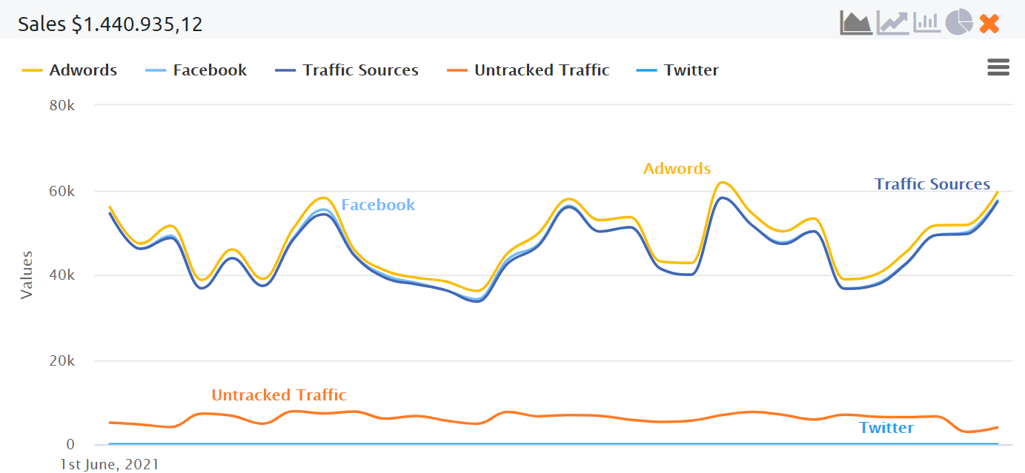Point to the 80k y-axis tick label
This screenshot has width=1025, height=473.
62,105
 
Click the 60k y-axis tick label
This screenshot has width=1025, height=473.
62,191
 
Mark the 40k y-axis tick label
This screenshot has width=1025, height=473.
62,275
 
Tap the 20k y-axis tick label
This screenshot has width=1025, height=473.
62,361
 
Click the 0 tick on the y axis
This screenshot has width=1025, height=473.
70,445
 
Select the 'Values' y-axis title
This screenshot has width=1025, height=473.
27,275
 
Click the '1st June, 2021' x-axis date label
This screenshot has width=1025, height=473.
110,465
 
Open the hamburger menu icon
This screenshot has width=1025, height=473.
998,67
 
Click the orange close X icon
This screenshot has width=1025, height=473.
989,24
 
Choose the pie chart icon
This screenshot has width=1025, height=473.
958,22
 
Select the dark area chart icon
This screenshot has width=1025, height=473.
855,23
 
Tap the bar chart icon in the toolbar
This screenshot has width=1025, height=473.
926,23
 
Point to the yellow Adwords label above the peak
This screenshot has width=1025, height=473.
677,169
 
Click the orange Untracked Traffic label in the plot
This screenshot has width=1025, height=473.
279,395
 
